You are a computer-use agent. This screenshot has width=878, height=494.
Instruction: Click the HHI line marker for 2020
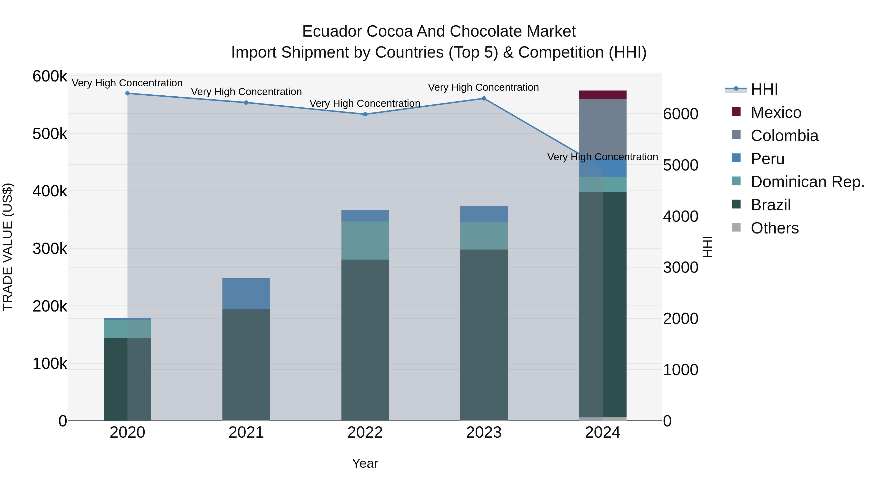pos(128,93)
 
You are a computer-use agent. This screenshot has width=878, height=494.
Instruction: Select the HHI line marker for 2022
pos(365,114)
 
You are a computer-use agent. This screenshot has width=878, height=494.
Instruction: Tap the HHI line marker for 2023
pos(484,99)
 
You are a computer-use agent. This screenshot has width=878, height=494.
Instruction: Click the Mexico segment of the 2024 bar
pos(603,95)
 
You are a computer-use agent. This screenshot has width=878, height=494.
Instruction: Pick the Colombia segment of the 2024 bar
pos(603,126)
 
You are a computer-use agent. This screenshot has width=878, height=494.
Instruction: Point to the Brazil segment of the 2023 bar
pos(484,334)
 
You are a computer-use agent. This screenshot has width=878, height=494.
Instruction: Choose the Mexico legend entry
pos(776,112)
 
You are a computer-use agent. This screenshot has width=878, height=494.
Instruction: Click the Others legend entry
pos(774,228)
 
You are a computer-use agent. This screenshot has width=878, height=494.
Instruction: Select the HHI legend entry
pos(764,89)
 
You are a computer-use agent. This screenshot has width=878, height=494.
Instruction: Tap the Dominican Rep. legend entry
pos(807,182)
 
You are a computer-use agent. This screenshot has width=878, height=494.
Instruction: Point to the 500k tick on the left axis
pos(50,134)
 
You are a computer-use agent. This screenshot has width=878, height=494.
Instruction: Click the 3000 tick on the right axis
pos(680,268)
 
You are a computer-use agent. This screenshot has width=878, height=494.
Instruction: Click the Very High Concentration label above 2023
pos(483,88)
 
